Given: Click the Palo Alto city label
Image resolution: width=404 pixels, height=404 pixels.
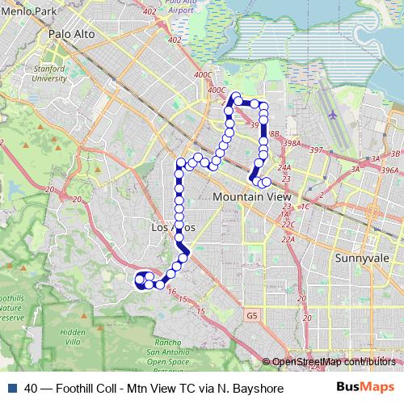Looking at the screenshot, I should coord(71,35).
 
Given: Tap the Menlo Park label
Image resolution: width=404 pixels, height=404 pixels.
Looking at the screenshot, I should coord(29,12).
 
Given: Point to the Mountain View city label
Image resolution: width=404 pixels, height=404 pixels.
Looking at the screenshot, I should coord(251,196).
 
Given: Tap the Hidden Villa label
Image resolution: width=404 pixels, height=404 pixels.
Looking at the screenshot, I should coord(72,336).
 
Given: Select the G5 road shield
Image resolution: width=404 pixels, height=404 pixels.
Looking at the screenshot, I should coord(253,316).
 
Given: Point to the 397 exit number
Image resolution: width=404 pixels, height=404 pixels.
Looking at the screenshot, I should coord(315,150).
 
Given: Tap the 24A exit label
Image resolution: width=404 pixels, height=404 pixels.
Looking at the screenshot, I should coord(284,167).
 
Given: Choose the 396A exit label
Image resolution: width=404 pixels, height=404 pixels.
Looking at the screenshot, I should coord(390,170).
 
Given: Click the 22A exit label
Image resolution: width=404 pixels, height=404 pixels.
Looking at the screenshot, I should coord(288,238).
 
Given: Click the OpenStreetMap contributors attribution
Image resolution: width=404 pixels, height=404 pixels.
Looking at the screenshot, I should coord(333,361).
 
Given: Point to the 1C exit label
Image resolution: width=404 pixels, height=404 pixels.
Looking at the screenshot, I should coord(305,206).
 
